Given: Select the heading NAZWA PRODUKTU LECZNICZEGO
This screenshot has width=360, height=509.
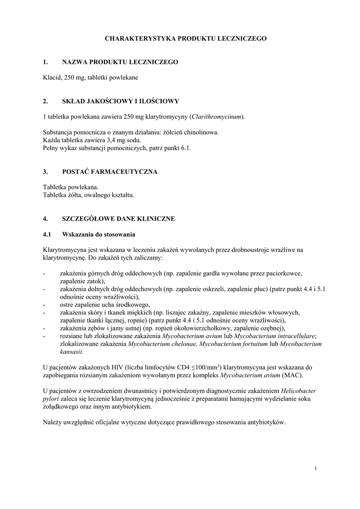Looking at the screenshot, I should coord(120,62).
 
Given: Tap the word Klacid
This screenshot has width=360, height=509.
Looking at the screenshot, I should coord(52,78).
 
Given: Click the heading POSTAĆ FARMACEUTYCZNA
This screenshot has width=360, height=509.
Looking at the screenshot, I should coord(109,171).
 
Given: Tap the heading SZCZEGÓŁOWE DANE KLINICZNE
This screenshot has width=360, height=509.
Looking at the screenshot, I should coord(118,218).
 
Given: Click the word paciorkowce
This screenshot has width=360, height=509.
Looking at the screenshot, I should coord(284,273).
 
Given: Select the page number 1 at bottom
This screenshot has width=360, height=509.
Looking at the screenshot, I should coord(316,468).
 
